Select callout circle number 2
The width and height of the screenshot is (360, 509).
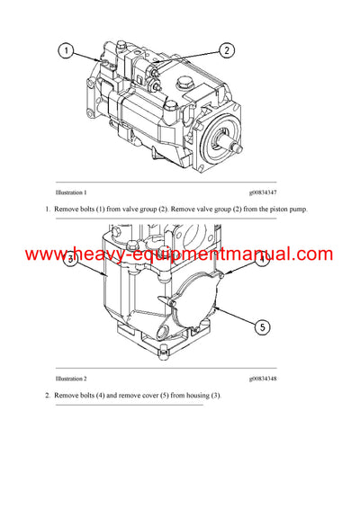(225, 50)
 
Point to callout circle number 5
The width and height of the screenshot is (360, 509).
(262, 326)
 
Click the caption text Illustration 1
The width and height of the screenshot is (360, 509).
(71, 192)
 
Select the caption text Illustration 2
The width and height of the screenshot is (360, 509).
(71, 380)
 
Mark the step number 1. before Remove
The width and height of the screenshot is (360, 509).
(48, 209)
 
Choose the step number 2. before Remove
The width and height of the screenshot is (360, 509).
(48, 396)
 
